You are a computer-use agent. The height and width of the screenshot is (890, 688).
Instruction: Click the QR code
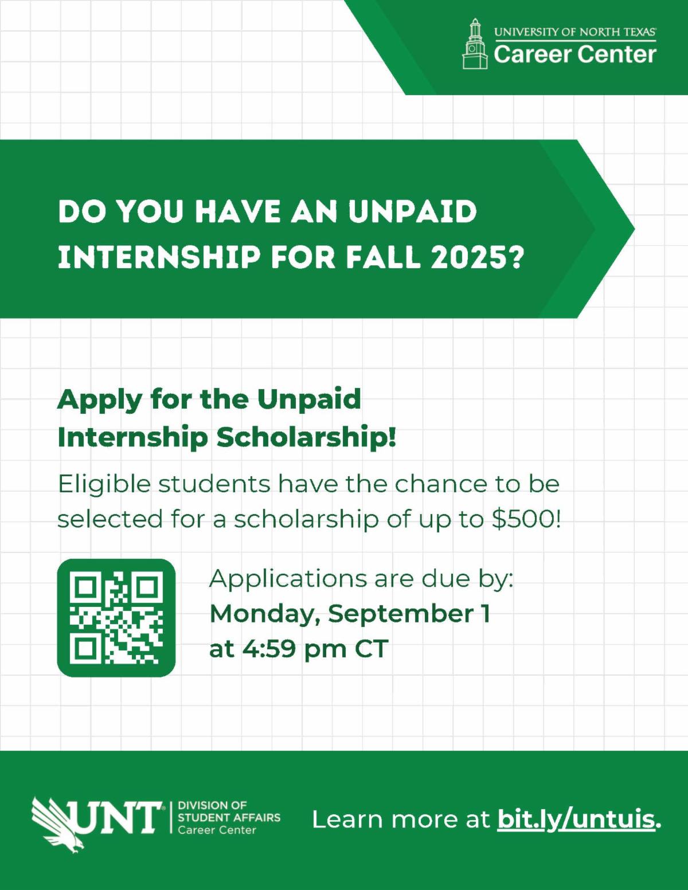(116, 618)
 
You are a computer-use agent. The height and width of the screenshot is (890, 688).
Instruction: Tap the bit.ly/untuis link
(576, 819)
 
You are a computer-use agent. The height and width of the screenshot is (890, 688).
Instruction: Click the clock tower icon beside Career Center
(475, 44)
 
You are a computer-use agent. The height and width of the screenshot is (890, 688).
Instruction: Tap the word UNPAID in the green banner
(412, 211)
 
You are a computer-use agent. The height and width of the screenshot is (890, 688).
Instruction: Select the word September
(401, 614)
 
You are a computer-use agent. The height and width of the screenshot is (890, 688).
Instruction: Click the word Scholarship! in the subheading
(306, 438)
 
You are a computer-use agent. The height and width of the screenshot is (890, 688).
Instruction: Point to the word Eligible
(104, 484)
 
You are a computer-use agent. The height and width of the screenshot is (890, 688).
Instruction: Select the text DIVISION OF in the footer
(212, 805)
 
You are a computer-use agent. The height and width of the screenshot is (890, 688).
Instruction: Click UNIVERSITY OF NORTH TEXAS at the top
(574, 32)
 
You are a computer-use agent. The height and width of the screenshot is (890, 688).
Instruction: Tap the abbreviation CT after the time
(372, 649)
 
